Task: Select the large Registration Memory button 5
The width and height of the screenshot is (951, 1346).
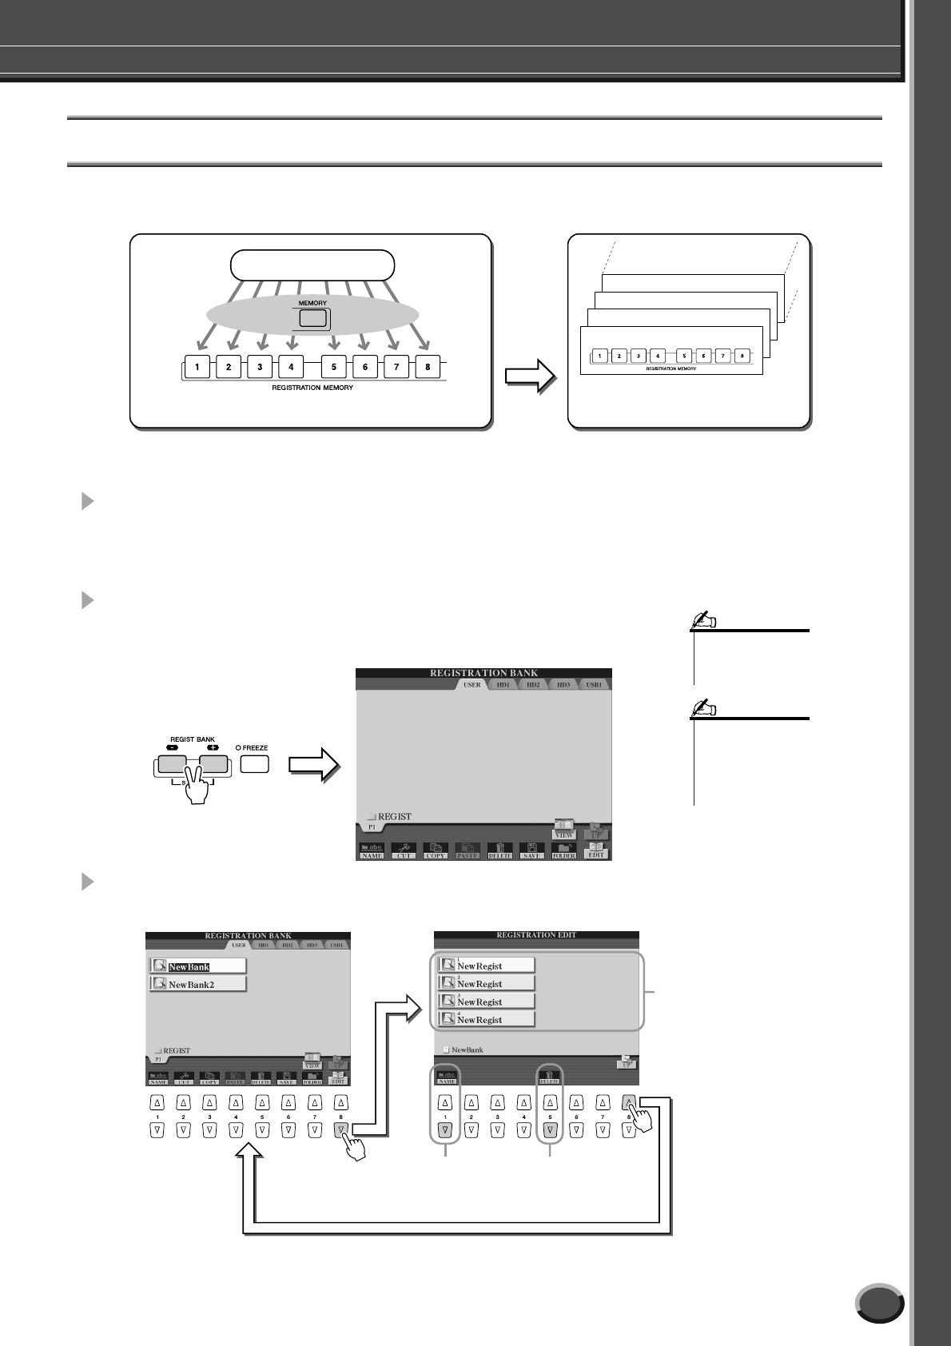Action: pyautogui.click(x=333, y=368)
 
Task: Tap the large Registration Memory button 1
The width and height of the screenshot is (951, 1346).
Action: pyautogui.click(x=197, y=368)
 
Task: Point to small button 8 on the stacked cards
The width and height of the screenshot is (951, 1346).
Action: pyautogui.click(x=742, y=356)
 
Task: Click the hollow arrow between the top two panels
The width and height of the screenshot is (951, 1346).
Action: pyautogui.click(x=531, y=376)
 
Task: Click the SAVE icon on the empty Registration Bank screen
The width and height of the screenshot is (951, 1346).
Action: pyautogui.click(x=531, y=850)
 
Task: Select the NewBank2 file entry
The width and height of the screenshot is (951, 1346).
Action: pyautogui.click(x=197, y=985)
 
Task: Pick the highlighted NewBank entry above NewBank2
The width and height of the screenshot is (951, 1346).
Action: pyautogui.click(x=197, y=966)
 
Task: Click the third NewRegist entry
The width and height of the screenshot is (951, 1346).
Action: pyautogui.click(x=486, y=1002)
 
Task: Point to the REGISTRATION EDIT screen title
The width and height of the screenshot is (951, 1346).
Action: pyautogui.click(x=536, y=934)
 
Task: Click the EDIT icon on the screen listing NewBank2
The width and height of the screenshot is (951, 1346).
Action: pyautogui.click(x=338, y=1079)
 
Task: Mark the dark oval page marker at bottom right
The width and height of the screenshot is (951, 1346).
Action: pyautogui.click(x=879, y=1304)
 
